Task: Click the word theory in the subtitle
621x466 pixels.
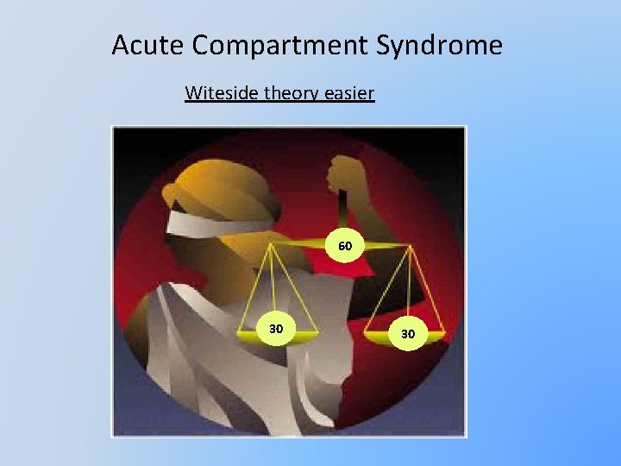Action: [x=292, y=92]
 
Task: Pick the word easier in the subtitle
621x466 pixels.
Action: [x=351, y=92]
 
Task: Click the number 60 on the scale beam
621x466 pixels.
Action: [x=345, y=247]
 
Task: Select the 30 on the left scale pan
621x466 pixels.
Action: [x=276, y=329]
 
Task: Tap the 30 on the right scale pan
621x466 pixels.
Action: [x=407, y=333]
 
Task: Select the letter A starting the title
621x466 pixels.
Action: [x=121, y=45]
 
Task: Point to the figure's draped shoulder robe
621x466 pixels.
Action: [x=198, y=345]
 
